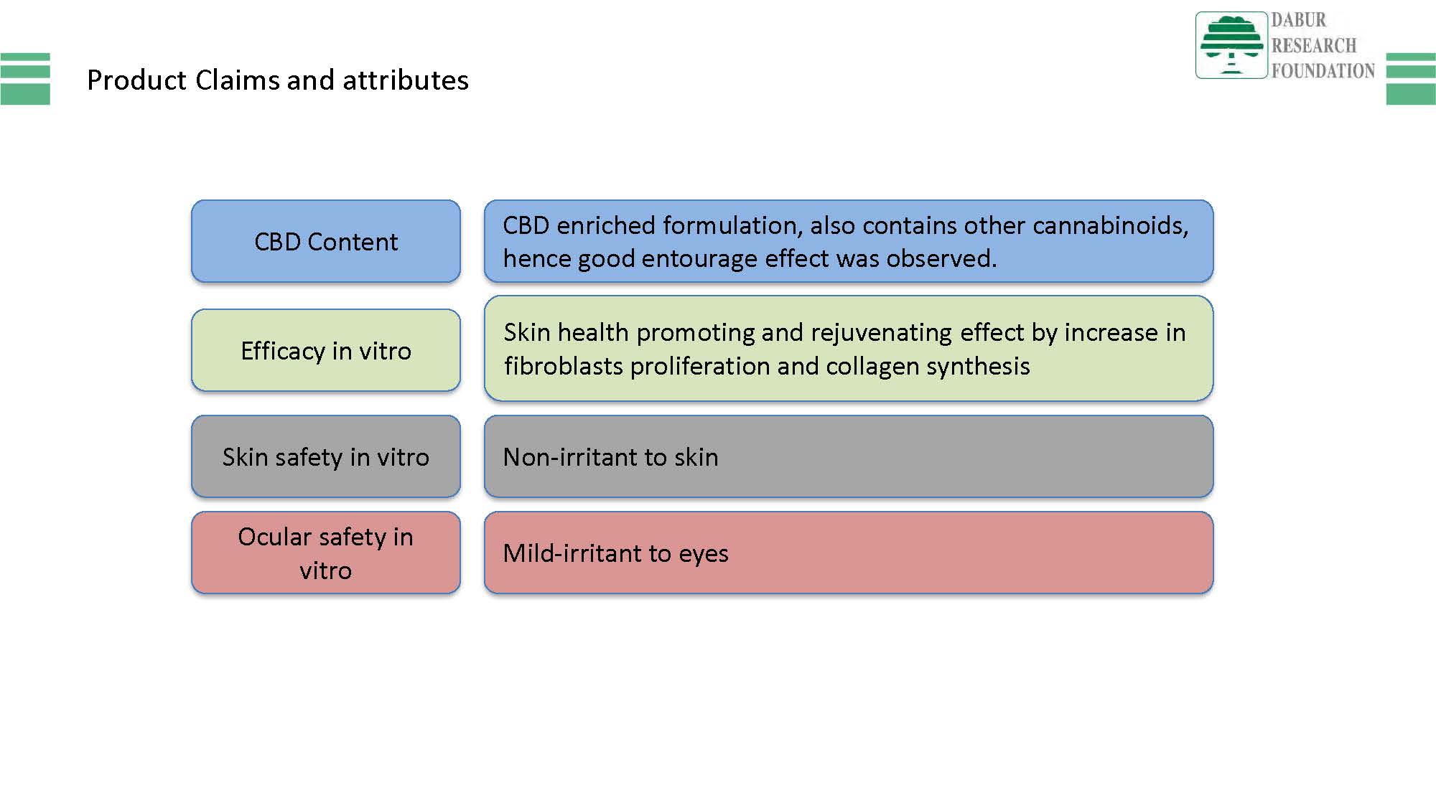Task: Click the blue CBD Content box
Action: [326, 241]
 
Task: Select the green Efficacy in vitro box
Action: [326, 350]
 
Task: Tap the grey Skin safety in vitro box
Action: [326, 456]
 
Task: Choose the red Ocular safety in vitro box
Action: [326, 553]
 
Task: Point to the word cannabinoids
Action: [1111, 225]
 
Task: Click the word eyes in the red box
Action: [704, 555]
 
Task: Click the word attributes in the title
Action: [406, 80]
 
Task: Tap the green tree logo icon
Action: [1231, 45]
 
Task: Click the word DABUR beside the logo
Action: [1299, 20]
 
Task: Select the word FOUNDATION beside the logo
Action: [1323, 70]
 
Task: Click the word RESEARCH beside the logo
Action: [1314, 45]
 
